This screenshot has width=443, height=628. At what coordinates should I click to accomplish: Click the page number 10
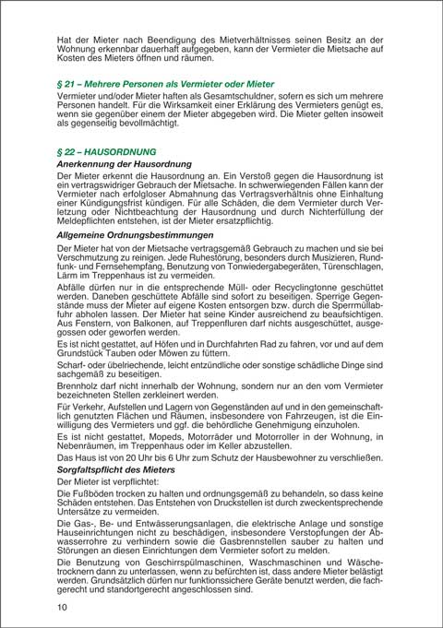[x=61, y=607]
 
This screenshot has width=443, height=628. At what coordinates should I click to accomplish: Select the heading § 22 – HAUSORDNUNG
[x=106, y=150]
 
